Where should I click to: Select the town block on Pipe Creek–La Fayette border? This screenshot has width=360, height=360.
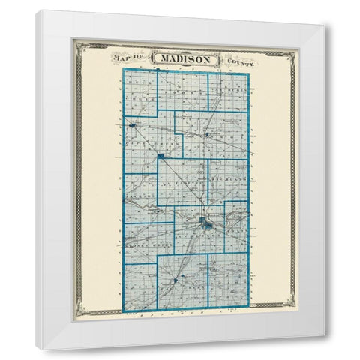click(x=161, y=156)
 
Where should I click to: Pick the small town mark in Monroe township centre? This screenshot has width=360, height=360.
click(x=208, y=135)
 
